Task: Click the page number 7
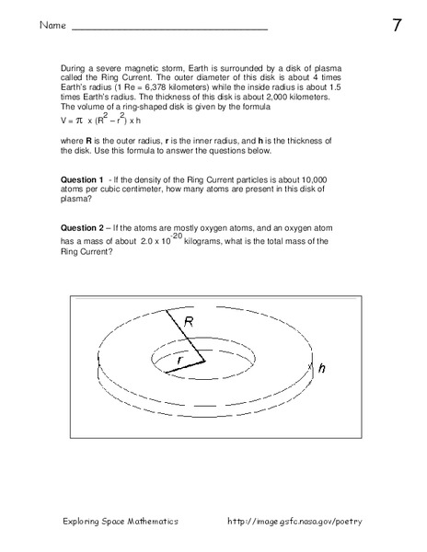coord(397,26)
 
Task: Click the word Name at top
coord(52,28)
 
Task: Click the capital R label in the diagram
coord(189,321)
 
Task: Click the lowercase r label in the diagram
coord(181,362)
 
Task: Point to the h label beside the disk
coord(322,368)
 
